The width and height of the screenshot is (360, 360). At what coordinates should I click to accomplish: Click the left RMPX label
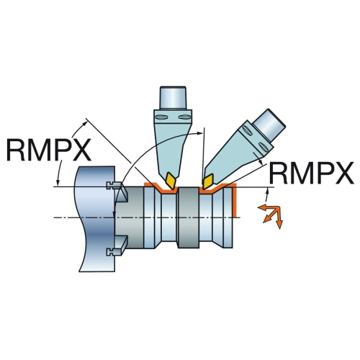tap(49, 150)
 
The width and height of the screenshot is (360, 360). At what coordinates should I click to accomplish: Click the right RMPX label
tap(312, 173)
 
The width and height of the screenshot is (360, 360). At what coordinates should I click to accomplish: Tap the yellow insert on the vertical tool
tap(171, 180)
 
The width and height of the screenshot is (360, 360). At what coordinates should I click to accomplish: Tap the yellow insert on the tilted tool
tap(208, 181)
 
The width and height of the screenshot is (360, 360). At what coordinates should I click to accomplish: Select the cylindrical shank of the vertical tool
tap(173, 98)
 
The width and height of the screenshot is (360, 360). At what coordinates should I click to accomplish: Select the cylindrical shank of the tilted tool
tap(269, 125)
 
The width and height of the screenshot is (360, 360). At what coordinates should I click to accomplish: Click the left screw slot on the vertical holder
tap(161, 117)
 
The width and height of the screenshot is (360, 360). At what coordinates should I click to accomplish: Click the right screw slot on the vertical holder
tap(185, 117)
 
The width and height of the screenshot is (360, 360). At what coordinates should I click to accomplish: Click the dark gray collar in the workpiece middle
tap(188, 217)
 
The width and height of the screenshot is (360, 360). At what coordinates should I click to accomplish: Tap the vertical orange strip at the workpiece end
tap(235, 199)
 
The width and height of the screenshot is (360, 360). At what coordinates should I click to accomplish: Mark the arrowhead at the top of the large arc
tap(200, 132)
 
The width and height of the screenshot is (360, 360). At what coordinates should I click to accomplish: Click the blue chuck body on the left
tap(96, 219)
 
